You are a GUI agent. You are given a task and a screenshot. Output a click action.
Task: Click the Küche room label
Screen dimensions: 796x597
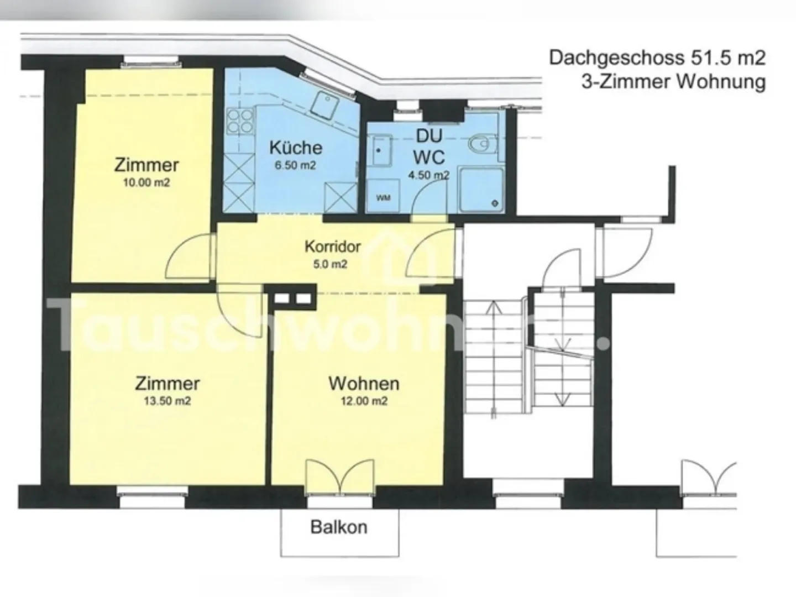(296, 148)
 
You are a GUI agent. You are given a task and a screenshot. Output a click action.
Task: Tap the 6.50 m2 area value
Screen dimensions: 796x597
(295, 165)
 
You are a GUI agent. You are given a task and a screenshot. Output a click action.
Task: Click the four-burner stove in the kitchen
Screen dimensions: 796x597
(240, 122)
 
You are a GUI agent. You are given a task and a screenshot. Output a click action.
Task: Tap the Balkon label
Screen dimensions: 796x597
(339, 527)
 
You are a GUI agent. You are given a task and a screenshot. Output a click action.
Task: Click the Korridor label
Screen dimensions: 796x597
(333, 247)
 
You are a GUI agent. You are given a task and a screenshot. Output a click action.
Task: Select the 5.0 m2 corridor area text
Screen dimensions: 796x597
(330, 264)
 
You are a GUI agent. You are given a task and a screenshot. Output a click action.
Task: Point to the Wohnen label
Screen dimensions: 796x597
(364, 384)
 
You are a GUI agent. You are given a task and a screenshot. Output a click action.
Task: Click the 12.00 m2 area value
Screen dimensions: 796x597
(364, 401)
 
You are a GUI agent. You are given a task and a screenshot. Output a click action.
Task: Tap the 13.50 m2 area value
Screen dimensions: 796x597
(167, 401)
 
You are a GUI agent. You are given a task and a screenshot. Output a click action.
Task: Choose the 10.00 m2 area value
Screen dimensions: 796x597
(146, 182)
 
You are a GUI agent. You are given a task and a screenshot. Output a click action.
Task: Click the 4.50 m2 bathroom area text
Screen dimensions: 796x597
(428, 175)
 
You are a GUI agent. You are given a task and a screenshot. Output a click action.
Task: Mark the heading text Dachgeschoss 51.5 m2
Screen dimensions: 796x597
(657, 58)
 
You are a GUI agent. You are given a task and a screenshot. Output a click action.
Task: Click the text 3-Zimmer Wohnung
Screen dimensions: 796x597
(673, 82)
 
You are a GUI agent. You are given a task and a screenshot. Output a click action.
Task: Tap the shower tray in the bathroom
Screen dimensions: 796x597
(481, 189)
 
